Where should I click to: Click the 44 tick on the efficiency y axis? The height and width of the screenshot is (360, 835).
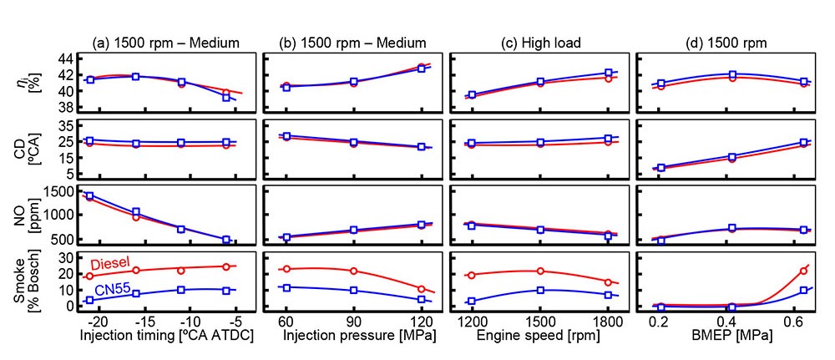pos(63,58)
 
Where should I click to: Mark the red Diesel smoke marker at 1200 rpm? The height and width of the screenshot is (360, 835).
pos(472,275)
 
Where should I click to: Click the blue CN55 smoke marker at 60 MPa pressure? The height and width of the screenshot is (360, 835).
pos(287,287)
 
